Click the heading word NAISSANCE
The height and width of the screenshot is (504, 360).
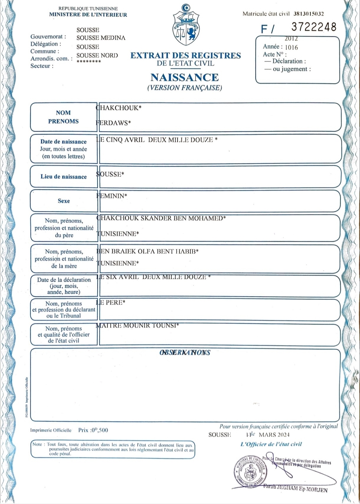pyautogui.click(x=185, y=77)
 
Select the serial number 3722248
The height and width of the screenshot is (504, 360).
pyautogui.click(x=314, y=27)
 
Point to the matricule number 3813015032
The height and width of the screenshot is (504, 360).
pyautogui.click(x=309, y=14)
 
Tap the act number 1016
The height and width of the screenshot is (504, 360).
pyautogui.click(x=291, y=48)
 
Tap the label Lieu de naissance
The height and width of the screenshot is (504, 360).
pyautogui.click(x=64, y=177)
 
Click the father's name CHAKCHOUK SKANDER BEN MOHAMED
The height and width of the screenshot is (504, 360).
pyautogui.click(x=161, y=218)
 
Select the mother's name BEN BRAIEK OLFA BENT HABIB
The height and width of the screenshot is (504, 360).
pyautogui.click(x=148, y=251)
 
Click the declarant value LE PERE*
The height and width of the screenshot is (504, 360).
pyautogui.click(x=111, y=302)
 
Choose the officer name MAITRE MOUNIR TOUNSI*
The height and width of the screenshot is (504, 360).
pyautogui.click(x=138, y=325)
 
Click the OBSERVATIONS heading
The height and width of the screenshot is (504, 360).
pyautogui.click(x=185, y=353)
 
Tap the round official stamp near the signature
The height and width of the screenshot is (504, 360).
pyautogui.click(x=251, y=471)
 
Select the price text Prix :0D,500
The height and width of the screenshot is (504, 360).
pyautogui.click(x=93, y=430)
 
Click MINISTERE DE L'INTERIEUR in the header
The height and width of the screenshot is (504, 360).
pyautogui.click(x=88, y=14)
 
